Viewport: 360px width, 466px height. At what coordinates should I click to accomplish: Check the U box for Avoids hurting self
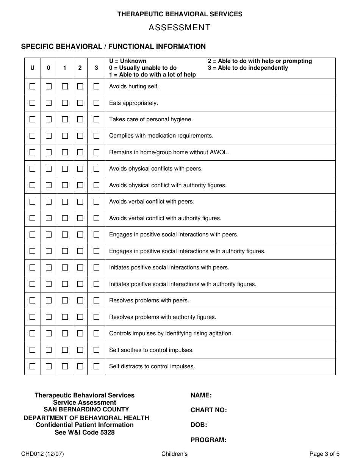tap(32, 86)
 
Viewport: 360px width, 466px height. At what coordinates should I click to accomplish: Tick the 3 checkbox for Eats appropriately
tap(96, 103)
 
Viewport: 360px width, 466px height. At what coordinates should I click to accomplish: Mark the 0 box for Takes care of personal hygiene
tap(49, 119)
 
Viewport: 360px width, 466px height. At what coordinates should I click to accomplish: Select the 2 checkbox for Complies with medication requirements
tap(80, 136)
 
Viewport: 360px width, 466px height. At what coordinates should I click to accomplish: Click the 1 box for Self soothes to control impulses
tap(65, 350)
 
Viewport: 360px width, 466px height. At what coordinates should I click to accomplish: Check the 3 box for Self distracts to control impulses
tap(96, 366)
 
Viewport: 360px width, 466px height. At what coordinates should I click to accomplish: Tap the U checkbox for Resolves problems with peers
tap(32, 300)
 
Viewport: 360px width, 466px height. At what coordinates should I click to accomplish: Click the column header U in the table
tap(32, 68)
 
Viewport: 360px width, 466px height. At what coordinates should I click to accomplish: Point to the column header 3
tap(96, 68)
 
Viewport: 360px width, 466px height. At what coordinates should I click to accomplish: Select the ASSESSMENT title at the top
tap(180, 28)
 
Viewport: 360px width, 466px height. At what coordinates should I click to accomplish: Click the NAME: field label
tap(201, 395)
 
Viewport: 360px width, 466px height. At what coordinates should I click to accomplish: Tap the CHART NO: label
tap(208, 410)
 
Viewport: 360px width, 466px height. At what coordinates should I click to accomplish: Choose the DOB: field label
tap(199, 425)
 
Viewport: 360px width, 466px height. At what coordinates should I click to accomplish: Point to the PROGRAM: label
tap(208, 440)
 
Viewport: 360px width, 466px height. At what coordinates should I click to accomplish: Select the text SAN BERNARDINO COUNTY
tap(86, 409)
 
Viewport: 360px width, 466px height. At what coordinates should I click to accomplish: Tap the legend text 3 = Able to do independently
tap(248, 68)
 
